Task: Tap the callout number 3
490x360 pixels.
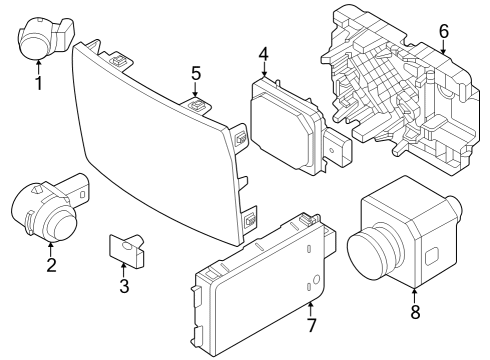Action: pyautogui.click(x=123, y=287)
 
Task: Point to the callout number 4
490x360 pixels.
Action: pyautogui.click(x=263, y=53)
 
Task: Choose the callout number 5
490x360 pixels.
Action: pyautogui.click(x=196, y=73)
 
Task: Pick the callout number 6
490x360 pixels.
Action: pyautogui.click(x=443, y=32)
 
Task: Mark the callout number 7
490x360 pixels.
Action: pyautogui.click(x=311, y=325)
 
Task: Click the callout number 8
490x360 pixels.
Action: pyautogui.click(x=415, y=311)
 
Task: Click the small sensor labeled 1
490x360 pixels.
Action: pyautogui.click(x=42, y=38)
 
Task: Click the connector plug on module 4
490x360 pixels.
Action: pyautogui.click(x=337, y=150)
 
